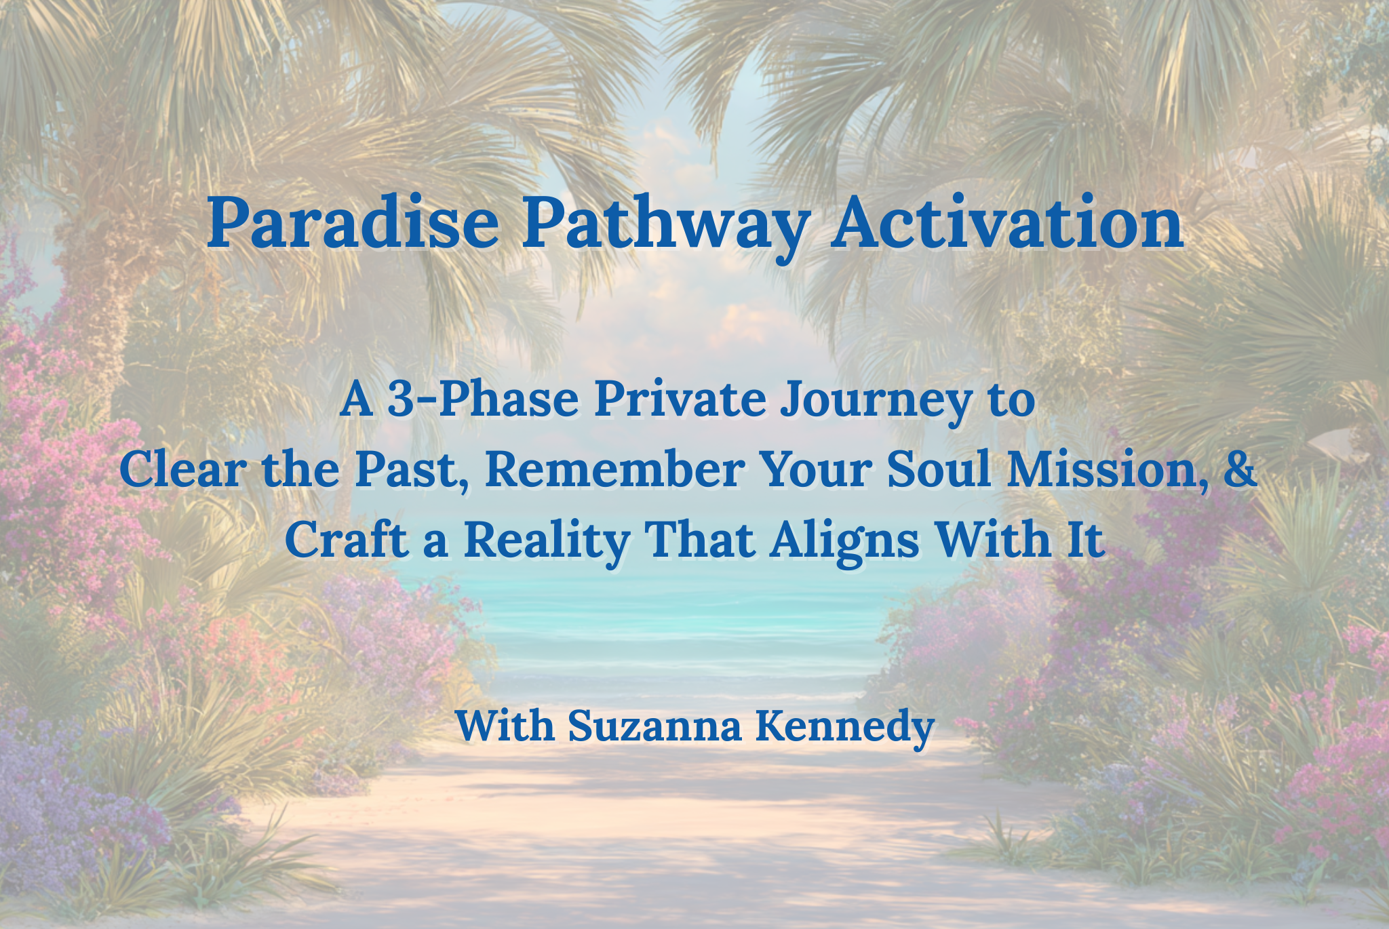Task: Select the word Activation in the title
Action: tap(1008, 222)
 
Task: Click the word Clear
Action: tap(182, 469)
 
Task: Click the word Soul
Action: tap(939, 469)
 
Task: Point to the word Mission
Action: tap(1106, 470)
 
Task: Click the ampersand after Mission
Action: tap(1240, 469)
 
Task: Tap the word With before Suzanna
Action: tap(505, 725)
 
